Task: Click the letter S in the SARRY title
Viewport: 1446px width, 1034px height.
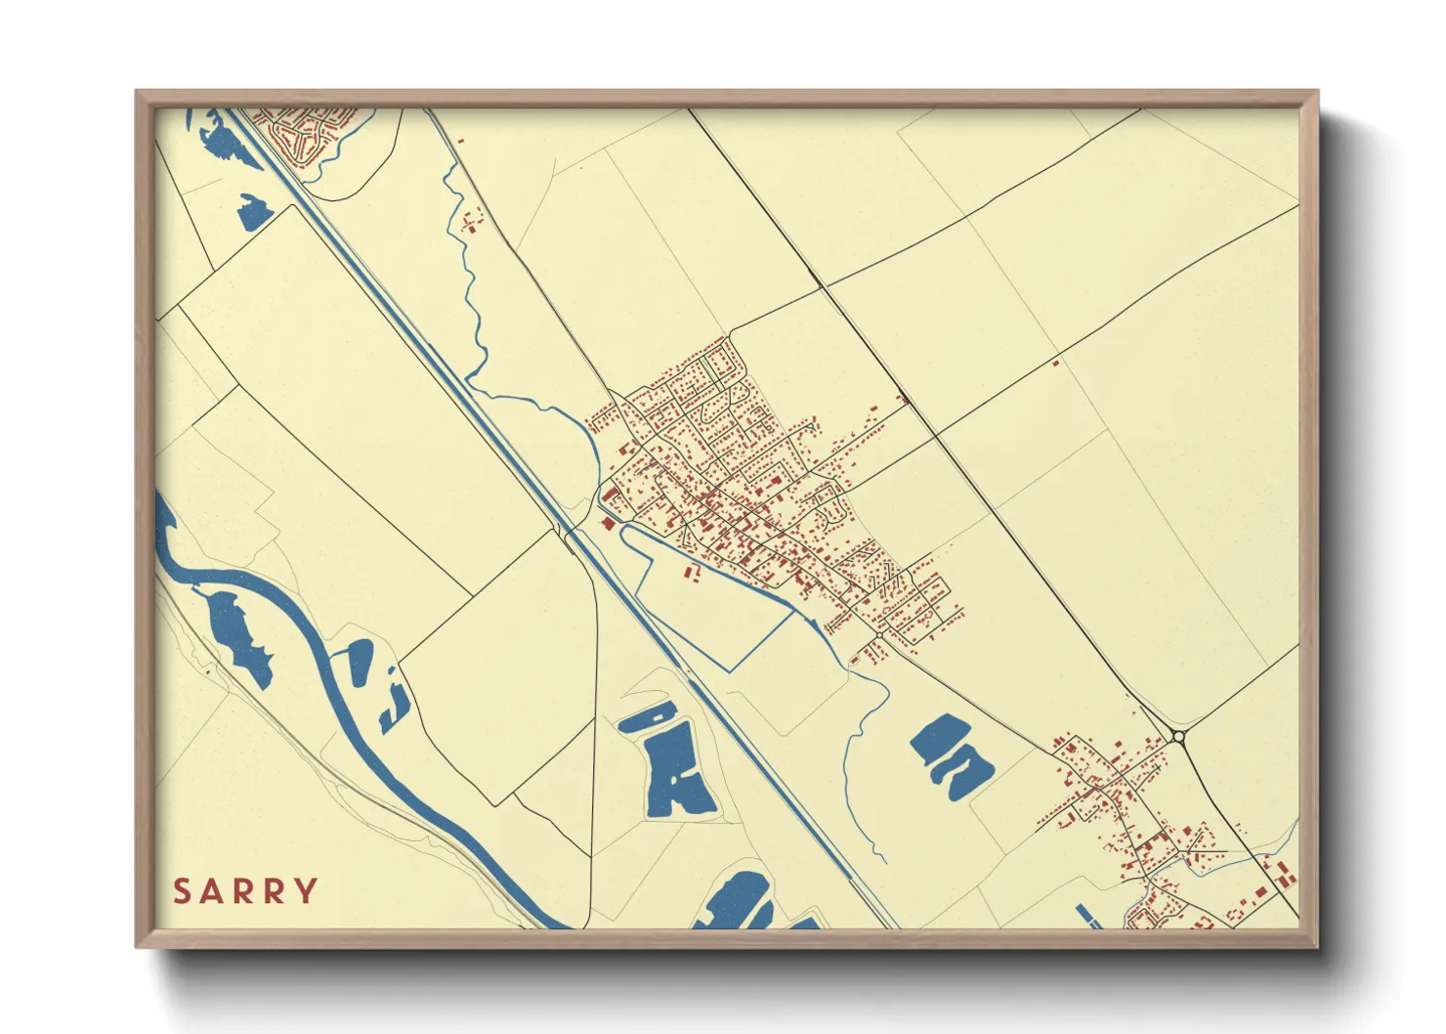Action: click(x=182, y=891)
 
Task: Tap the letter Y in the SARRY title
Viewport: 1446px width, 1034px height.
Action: click(x=307, y=891)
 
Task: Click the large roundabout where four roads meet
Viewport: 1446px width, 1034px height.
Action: click(x=1179, y=736)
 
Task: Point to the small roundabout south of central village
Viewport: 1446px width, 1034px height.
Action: click(x=879, y=636)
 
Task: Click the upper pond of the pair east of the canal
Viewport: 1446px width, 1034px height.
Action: click(x=940, y=738)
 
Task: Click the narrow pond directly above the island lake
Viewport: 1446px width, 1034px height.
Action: click(x=648, y=718)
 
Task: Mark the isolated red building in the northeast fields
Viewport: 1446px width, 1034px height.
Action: click(x=1055, y=364)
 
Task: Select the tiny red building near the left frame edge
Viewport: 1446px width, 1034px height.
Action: click(x=207, y=671)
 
